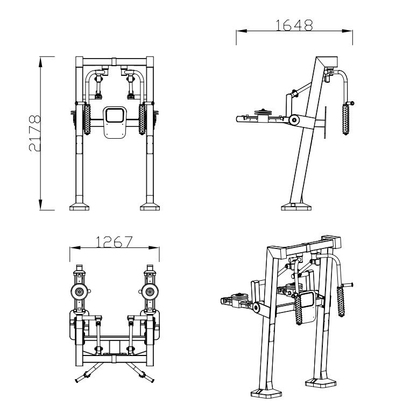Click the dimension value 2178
coord(35,133)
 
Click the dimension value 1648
coord(294,25)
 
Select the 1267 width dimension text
coord(114,241)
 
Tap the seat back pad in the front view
coord(115,123)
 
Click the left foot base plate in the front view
coord(79,207)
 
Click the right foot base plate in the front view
coord(150,207)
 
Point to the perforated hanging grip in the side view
coord(345,120)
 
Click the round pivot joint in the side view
coord(294,120)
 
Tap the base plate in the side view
coord(296,207)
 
